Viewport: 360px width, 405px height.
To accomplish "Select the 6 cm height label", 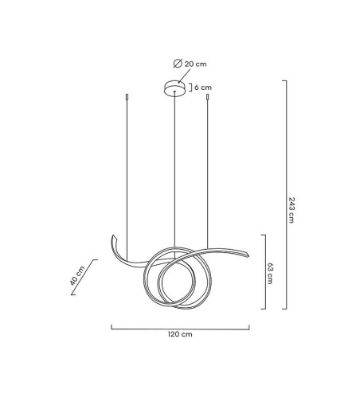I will tap(203, 88).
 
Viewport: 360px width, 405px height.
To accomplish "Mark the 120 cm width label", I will tap(181, 335).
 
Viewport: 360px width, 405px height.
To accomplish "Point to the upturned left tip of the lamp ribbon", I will tap(113, 238).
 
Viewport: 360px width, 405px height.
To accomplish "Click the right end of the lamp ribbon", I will tap(249, 255).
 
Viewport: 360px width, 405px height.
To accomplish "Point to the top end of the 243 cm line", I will tap(284, 81).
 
